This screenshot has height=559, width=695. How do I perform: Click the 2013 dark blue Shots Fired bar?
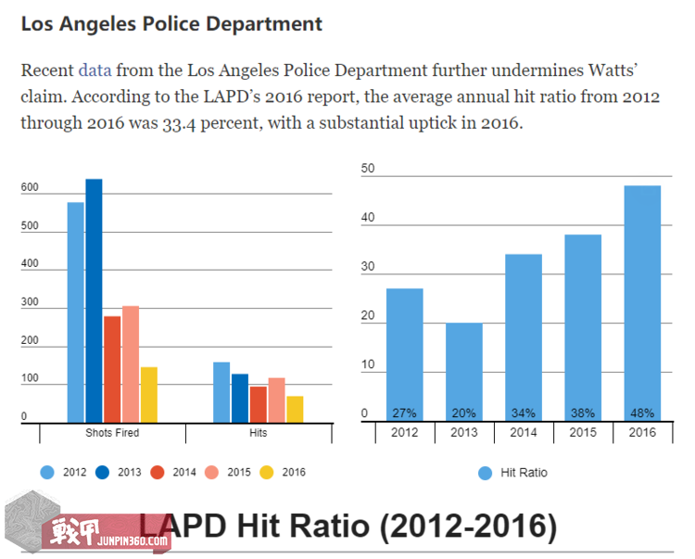pyautogui.click(x=94, y=300)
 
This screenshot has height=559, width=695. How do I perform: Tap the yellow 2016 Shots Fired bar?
pyautogui.click(x=149, y=394)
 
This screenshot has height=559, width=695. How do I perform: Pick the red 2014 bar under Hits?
pyautogui.click(x=258, y=403)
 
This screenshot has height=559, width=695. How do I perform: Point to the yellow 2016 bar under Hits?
pyautogui.click(x=295, y=409)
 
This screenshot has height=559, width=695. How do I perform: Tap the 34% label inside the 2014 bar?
pyautogui.click(x=524, y=413)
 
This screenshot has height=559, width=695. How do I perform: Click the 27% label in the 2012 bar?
pyautogui.click(x=404, y=413)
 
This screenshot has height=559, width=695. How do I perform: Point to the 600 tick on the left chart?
pyautogui.click(x=31, y=188)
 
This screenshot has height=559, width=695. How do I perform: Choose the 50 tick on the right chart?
pyautogui.click(x=368, y=169)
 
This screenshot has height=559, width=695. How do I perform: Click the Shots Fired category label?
pyautogui.click(x=112, y=433)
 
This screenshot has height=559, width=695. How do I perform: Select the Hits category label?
pyautogui.click(x=259, y=433)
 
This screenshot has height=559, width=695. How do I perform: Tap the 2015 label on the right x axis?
pyautogui.click(x=583, y=433)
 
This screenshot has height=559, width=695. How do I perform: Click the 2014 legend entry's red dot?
pyautogui.click(x=158, y=472)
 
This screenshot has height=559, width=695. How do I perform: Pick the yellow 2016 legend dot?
pyautogui.click(x=266, y=472)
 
